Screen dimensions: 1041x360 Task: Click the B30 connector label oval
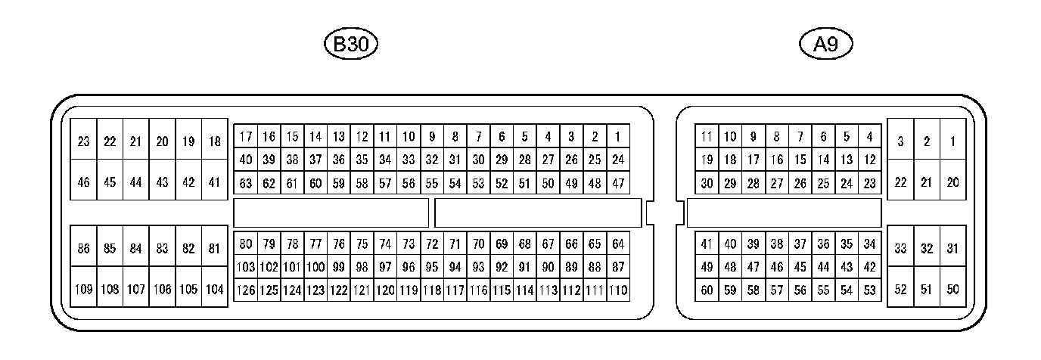tap(350, 45)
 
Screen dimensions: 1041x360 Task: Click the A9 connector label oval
tap(825, 45)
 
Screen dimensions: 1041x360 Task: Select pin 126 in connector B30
tap(245, 290)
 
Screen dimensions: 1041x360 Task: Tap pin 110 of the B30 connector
tap(618, 290)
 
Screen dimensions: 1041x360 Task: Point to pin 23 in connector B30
tap(83, 141)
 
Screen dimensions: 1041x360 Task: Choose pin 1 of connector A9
tap(952, 141)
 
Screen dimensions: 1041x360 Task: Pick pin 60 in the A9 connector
tap(707, 290)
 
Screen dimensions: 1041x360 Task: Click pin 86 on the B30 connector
tap(83, 248)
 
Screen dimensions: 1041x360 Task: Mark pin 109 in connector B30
tap(83, 289)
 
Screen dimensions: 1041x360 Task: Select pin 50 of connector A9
tap(952, 289)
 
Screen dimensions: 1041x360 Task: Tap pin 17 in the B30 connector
tap(245, 137)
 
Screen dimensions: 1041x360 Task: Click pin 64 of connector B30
tap(618, 244)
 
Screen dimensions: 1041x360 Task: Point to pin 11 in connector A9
tap(707, 137)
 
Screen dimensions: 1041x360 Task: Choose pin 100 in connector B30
tap(315, 266)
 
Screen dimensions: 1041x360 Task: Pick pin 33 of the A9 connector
tap(900, 248)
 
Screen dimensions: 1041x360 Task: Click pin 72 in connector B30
tap(432, 244)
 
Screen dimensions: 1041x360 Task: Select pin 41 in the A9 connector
tap(707, 244)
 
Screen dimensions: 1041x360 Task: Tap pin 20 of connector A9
tap(952, 182)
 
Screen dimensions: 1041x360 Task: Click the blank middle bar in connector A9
tap(783, 213)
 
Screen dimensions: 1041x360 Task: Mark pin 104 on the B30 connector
tap(215, 289)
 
